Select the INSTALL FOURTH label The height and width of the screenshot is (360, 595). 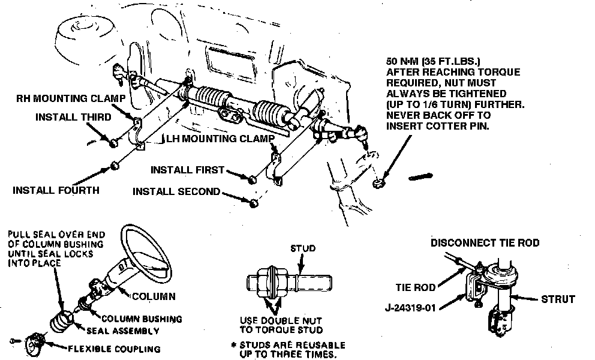(x=56, y=191)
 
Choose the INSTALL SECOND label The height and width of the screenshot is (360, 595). (x=176, y=193)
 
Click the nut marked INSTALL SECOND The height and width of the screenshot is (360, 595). (x=254, y=202)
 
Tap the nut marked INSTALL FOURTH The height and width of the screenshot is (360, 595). (x=114, y=165)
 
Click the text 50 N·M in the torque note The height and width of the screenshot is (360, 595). (x=405, y=61)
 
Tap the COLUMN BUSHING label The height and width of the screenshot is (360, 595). (x=142, y=319)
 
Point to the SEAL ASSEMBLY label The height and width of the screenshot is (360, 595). (x=123, y=331)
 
